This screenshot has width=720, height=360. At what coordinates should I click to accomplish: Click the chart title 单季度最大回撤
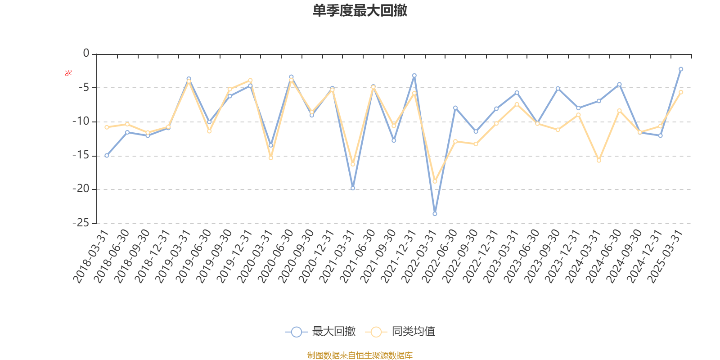pos(360,11)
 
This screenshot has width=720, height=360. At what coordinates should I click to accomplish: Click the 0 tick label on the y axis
pos(86,54)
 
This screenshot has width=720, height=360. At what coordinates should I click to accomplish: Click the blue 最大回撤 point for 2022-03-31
pos(435,214)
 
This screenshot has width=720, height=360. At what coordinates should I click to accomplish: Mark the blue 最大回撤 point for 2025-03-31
pos(681,69)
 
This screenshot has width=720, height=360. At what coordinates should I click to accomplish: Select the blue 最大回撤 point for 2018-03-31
pos(107,156)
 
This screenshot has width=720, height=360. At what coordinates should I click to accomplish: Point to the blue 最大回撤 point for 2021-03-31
pos(353,188)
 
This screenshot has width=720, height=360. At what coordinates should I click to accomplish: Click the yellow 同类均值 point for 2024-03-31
pos(599,161)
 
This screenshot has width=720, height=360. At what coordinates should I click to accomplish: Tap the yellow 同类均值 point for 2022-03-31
pos(435,181)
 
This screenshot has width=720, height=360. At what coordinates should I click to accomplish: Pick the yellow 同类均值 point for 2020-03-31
pos(271,158)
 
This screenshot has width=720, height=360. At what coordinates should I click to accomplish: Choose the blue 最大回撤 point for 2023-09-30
pos(558,88)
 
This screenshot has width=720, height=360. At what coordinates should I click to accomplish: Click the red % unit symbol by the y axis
pos(68,73)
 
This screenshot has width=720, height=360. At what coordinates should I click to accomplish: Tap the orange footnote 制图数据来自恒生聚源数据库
pos(360,355)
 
